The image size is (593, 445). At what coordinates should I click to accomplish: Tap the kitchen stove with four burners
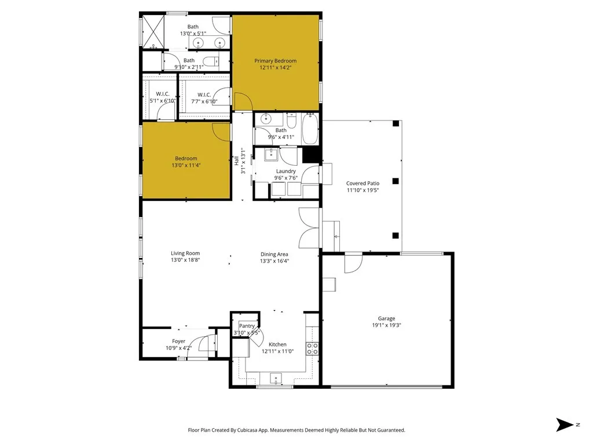[312, 348]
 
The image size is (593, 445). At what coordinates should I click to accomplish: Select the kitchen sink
[276, 379]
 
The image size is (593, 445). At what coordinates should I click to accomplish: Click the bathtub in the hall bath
[310, 129]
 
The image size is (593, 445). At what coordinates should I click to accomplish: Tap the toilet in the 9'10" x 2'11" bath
[211, 61]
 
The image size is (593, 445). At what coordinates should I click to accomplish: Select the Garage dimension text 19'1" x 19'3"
[386, 326]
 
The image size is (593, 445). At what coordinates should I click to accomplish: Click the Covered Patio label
[363, 183]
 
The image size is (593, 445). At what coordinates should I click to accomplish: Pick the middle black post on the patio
[396, 181]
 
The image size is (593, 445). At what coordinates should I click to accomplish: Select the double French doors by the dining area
[308, 228]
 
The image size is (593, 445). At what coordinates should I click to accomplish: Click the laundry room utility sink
[270, 154]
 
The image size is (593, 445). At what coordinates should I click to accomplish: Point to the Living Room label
[185, 253]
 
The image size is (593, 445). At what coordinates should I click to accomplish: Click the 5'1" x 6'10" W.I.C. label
[162, 94]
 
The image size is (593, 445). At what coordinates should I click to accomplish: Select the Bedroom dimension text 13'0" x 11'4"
[186, 166]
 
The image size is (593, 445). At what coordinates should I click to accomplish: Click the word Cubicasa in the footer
[248, 431]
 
